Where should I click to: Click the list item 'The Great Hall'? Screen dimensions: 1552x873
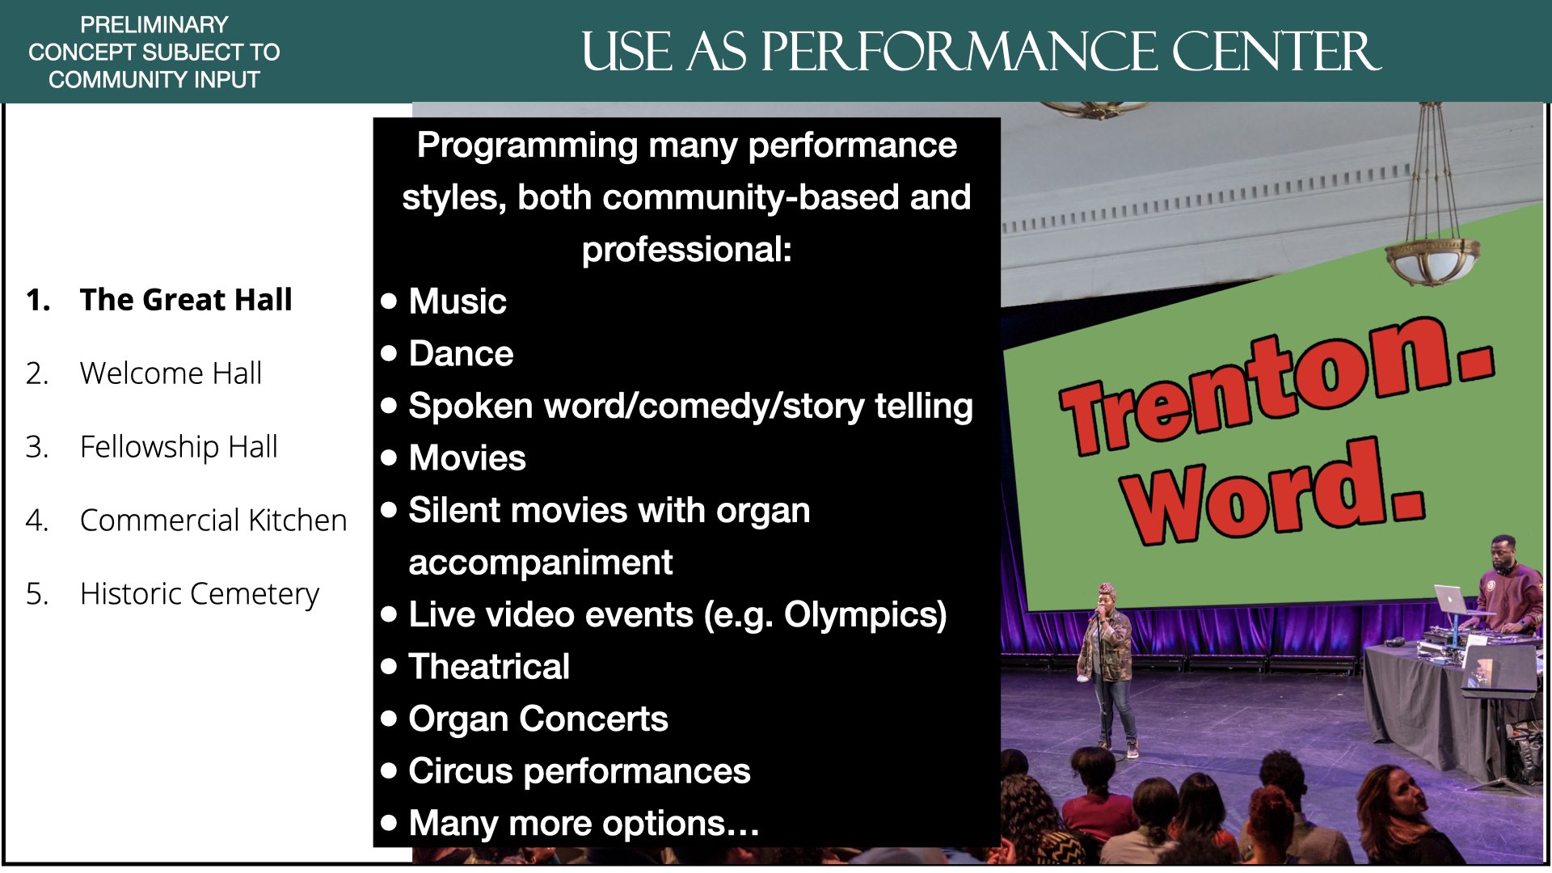[185, 299]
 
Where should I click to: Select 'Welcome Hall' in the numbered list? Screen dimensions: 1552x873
[171, 373]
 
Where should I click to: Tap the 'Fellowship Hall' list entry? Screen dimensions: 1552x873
[179, 446]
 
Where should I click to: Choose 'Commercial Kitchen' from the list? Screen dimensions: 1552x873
[213, 520]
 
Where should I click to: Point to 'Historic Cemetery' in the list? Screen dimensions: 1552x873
[200, 594]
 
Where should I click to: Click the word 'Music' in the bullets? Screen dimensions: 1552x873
[458, 302]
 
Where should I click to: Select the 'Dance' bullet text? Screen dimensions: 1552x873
[461, 354]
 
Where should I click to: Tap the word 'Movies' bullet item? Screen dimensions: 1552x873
[467, 458]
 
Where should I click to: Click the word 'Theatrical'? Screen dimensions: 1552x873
[489, 667]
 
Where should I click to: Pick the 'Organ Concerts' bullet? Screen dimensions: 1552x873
[538, 719]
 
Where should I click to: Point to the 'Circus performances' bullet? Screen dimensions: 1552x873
[580, 772]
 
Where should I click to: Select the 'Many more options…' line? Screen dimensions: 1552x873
[584, 824]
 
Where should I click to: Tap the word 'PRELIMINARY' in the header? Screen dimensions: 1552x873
[154, 24]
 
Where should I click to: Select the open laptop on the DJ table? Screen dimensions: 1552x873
[1452, 600]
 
